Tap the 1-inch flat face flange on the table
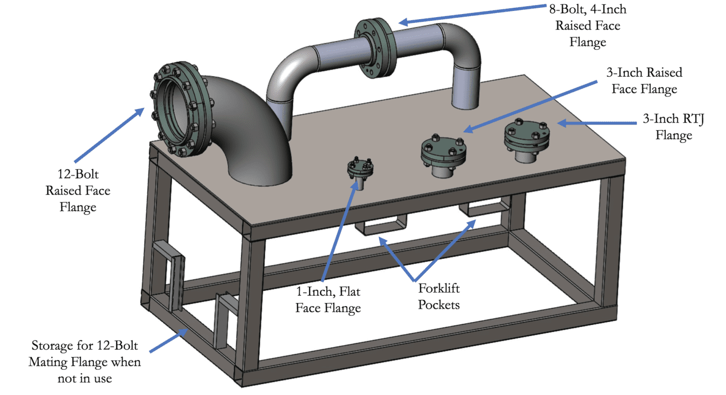point(358,171)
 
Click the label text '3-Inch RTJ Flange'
point(674,127)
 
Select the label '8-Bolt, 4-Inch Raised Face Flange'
point(588,25)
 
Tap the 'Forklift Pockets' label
point(439,296)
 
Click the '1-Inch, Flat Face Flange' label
point(328,300)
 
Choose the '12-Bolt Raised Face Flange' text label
point(78,190)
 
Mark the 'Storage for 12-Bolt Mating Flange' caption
point(85,361)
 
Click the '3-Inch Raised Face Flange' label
point(644,80)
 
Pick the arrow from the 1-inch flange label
point(340,228)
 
